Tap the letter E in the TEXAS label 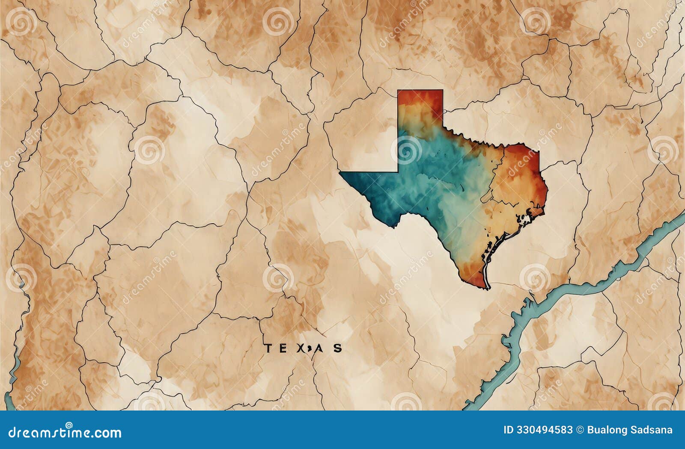pos(284,348)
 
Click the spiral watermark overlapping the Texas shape pos(406,150)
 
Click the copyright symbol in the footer pos(580,430)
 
